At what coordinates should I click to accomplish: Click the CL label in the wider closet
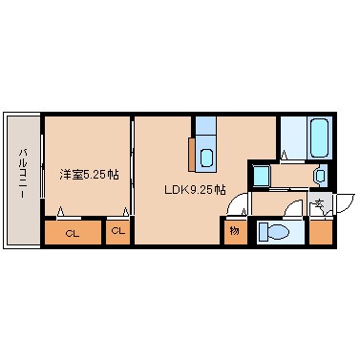(72, 232)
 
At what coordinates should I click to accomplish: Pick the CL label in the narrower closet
(117, 231)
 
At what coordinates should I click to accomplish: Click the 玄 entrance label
(321, 202)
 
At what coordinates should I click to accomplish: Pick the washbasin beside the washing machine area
(319, 176)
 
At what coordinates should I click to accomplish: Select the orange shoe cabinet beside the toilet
(320, 232)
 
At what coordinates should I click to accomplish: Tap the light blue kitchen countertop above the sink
(206, 127)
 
